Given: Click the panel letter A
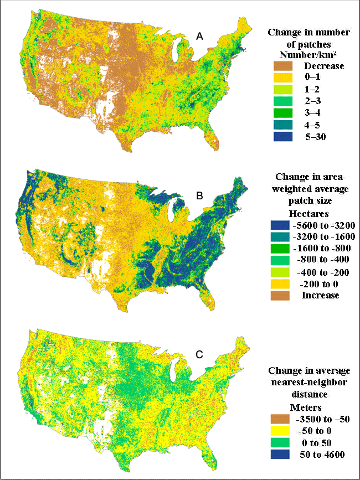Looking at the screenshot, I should (200, 37).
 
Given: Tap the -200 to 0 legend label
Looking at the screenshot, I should (318, 283).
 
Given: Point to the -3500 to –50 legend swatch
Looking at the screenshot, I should (280, 419).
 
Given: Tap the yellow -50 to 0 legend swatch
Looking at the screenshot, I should (280, 430).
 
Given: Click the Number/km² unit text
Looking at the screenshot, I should (308, 54).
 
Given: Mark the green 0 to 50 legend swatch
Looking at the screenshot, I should (280, 442).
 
